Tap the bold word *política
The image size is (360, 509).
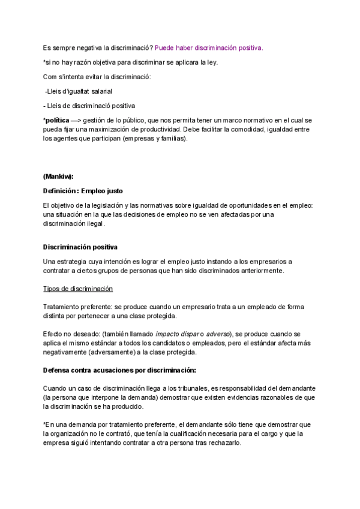point(56,120)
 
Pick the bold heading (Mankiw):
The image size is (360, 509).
point(58,176)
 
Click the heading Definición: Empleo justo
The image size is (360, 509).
point(83,191)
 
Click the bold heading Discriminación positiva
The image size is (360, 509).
point(80,247)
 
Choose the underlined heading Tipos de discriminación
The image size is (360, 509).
point(78,289)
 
